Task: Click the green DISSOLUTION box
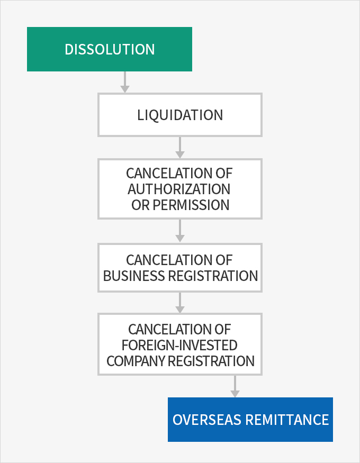click(x=110, y=49)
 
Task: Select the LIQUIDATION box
click(x=180, y=115)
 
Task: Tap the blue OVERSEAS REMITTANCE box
click(x=250, y=420)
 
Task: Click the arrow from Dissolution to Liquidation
click(x=125, y=82)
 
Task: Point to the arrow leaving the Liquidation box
click(x=180, y=148)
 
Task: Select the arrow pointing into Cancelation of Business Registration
click(x=180, y=231)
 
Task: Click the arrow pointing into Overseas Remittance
click(x=235, y=386)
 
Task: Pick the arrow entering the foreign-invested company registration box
click(x=180, y=303)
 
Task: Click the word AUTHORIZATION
click(x=179, y=189)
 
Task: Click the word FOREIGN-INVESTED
click(x=179, y=345)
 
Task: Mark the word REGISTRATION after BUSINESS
click(x=213, y=276)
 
